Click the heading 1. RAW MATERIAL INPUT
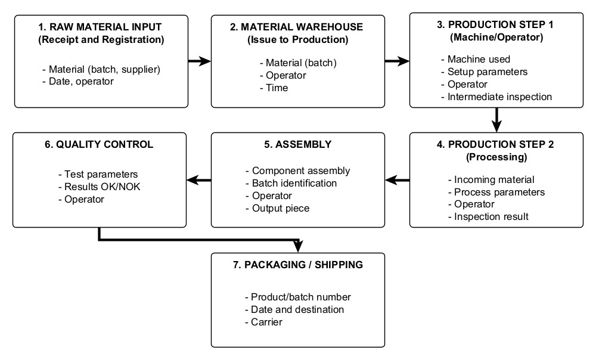[x=100, y=27]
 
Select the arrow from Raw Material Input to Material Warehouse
[x=198, y=60]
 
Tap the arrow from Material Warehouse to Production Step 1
[x=397, y=60]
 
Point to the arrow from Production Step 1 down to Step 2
[x=496, y=120]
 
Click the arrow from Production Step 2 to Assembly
[x=397, y=179]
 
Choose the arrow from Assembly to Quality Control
[x=198, y=179]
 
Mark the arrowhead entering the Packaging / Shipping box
[x=298, y=246]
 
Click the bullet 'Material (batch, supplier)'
[x=101, y=70]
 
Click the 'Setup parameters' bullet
[x=483, y=72]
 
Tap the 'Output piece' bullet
[x=277, y=207]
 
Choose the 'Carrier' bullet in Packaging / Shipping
[x=263, y=322]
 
